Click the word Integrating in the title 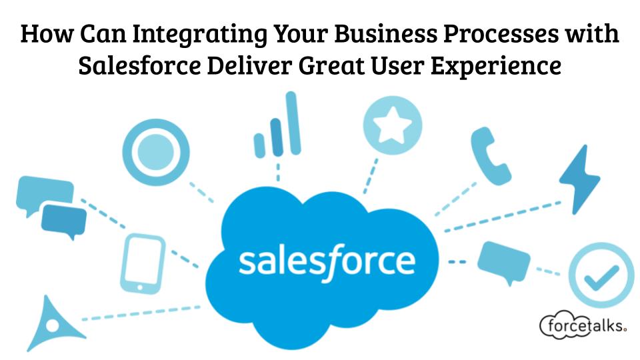click(200, 34)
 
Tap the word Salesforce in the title click(139, 66)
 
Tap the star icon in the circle click(392, 125)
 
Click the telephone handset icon click(489, 155)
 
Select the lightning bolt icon click(579, 179)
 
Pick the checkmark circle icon click(601, 275)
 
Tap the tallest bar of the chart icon click(293, 123)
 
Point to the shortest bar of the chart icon click(259, 145)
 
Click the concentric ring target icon click(155, 152)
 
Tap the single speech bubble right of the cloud click(504, 261)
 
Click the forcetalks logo click(583, 325)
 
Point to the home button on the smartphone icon click(140, 287)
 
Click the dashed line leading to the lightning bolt click(503, 217)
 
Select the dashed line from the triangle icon click(141, 313)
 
